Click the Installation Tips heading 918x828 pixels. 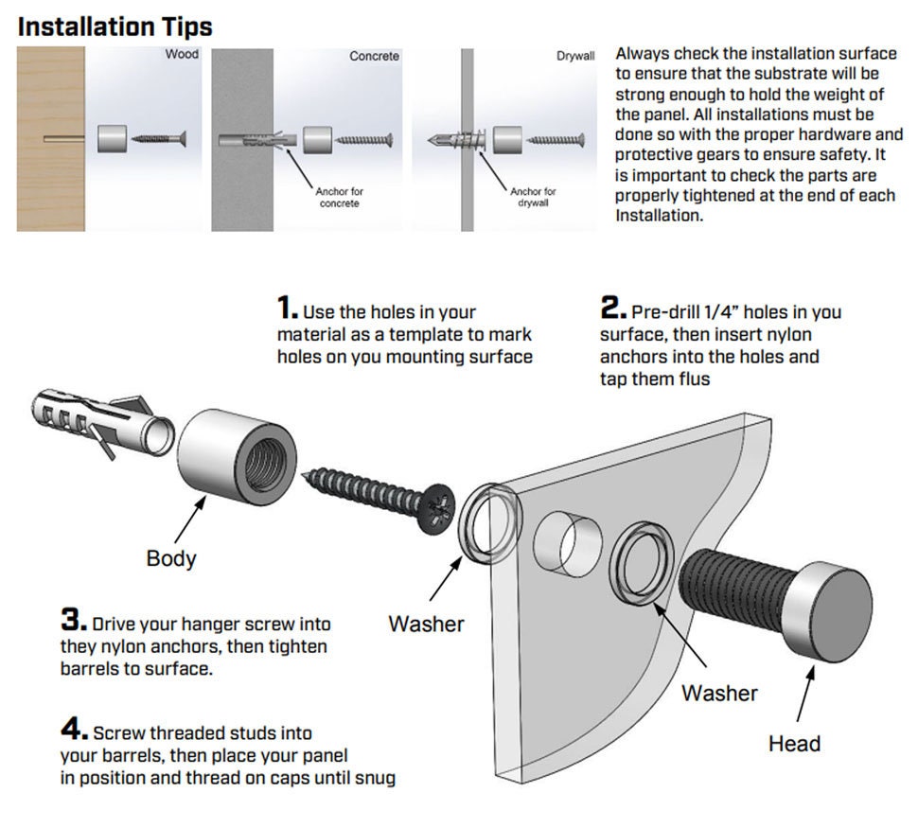pyautogui.click(x=115, y=26)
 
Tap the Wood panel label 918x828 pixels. pyautogui.click(x=182, y=55)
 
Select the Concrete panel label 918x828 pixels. pyautogui.click(x=374, y=57)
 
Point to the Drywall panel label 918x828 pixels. pyautogui.click(x=574, y=57)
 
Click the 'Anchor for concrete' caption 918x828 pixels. pyautogui.click(x=339, y=197)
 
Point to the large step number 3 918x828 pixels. pyautogui.click(x=74, y=622)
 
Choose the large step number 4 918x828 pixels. pyautogui.click(x=74, y=731)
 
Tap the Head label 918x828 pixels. pyautogui.click(x=793, y=743)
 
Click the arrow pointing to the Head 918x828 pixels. pyautogui.click(x=804, y=696)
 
